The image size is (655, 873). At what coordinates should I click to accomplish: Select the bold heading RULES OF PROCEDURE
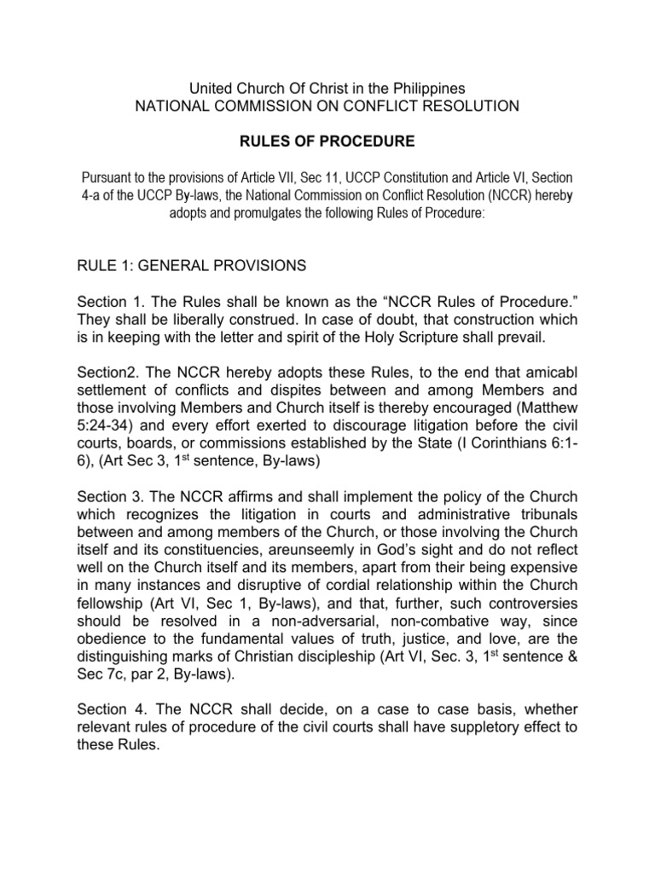pyautogui.click(x=327, y=139)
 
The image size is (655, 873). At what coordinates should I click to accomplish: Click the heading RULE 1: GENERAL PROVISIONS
pyautogui.click(x=192, y=266)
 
